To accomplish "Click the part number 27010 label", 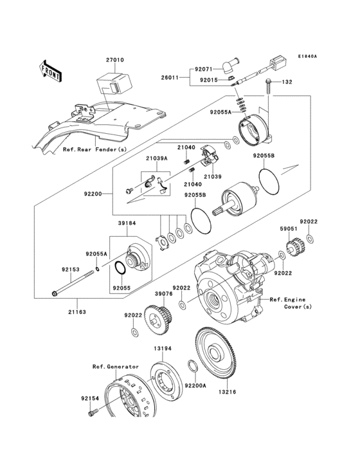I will tap(115, 60).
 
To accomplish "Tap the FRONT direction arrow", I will tap(51, 70).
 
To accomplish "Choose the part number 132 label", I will tap(287, 82).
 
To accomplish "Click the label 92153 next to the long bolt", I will tap(71, 270).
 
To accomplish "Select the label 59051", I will tap(287, 228).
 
